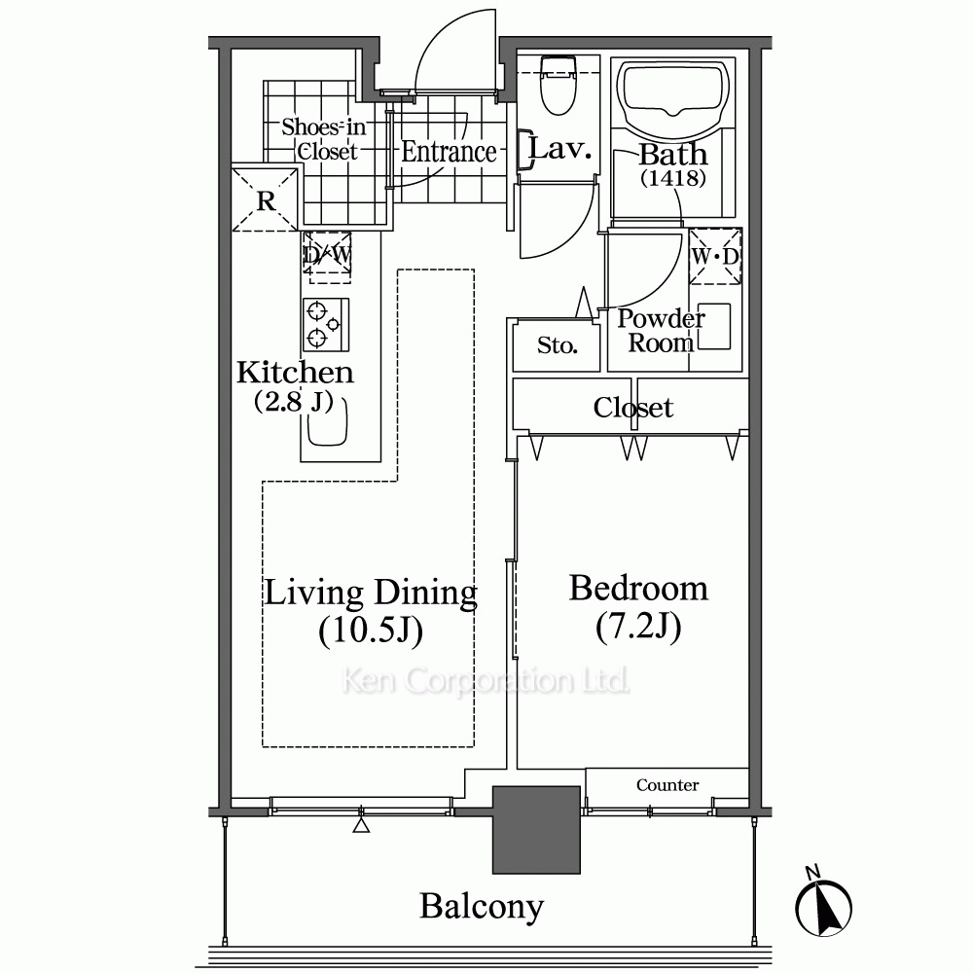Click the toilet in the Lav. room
[559, 86]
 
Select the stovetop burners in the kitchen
[326, 325]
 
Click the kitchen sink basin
[327, 422]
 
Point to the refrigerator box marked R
[265, 198]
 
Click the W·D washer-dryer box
[715, 256]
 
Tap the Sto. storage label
[558, 345]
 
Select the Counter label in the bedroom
[667, 785]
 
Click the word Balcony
[482, 907]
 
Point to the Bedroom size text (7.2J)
[638, 626]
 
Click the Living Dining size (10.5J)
[371, 631]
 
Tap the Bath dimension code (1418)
[673, 179]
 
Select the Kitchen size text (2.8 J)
[294, 402]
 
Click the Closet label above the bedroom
[633, 408]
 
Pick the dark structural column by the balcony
[536, 830]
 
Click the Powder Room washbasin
[713, 326]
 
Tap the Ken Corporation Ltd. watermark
[486, 681]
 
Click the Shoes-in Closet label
[324, 139]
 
